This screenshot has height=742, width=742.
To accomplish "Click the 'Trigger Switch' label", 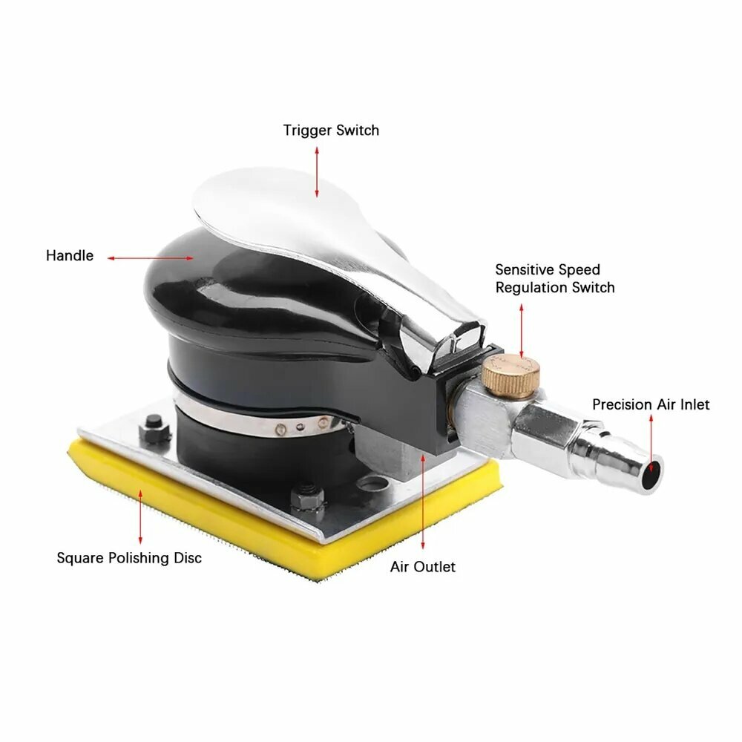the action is [331, 131].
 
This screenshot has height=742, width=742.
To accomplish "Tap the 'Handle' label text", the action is [70, 255].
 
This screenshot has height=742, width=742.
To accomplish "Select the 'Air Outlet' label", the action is [423, 566].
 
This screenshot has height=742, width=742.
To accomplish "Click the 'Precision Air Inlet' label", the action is [651, 404].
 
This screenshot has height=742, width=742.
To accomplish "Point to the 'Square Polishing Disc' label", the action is [129, 558].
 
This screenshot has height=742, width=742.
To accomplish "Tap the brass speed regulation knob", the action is [511, 376].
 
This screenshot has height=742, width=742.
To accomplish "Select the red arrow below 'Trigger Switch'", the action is [317, 172].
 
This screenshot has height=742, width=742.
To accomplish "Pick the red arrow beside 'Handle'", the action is [151, 258].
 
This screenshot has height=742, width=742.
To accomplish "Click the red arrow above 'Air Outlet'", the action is [423, 502].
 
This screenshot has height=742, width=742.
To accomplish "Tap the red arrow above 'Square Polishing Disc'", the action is [140, 517].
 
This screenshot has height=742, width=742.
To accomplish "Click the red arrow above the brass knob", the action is [522, 331].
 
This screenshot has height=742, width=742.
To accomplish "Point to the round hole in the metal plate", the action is [372, 484].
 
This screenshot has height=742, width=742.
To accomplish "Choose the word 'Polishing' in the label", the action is [139, 559].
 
